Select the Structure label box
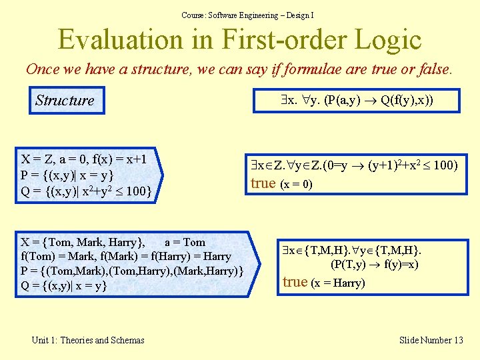pyautogui.click(x=65, y=101)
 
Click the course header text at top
pyautogui.click(x=247, y=15)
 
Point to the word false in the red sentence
pyautogui.click(x=434, y=69)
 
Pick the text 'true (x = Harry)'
pyautogui.click(x=323, y=282)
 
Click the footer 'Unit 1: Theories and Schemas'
pyautogui.click(x=88, y=340)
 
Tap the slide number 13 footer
pyautogui.click(x=431, y=340)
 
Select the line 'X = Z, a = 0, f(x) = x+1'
pyautogui.click(x=84, y=159)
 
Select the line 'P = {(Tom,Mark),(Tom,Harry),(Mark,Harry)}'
pyautogui.click(x=131, y=271)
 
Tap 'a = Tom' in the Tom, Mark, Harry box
pyautogui.click(x=185, y=242)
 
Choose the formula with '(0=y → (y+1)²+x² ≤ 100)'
pyautogui.click(x=354, y=165)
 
